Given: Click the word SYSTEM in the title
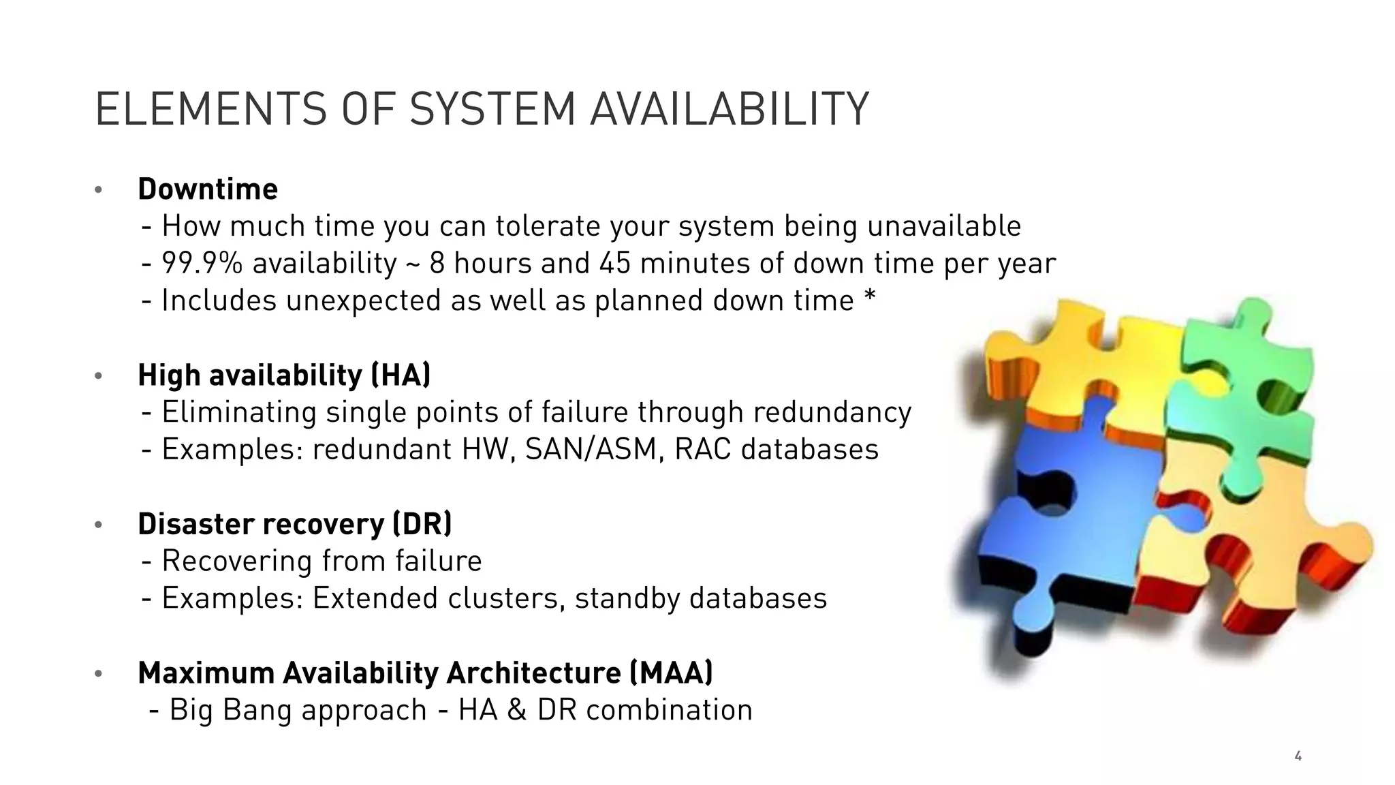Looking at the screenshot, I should [492, 109].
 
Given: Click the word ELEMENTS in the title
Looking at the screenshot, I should [210, 109].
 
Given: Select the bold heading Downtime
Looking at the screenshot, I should [208, 189].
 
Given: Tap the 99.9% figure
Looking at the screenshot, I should [202, 263].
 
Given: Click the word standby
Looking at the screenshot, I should [627, 598].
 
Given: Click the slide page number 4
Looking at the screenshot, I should [1298, 756].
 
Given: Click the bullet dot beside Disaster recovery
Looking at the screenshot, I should [98, 525].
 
